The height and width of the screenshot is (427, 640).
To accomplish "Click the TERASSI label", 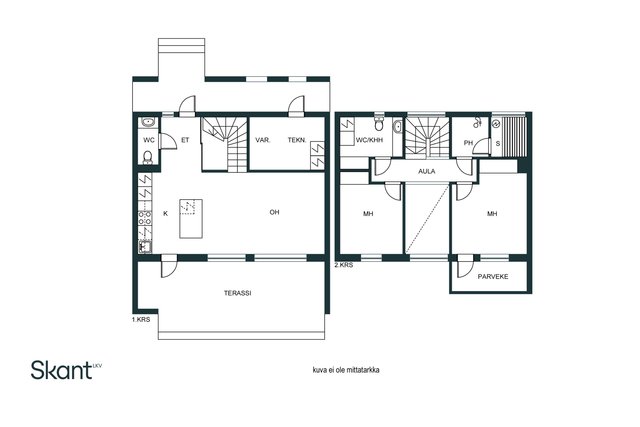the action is tap(237, 293).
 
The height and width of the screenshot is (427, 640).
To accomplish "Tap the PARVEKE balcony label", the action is tap(493, 276).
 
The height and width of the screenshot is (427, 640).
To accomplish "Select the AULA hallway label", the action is tap(427, 171).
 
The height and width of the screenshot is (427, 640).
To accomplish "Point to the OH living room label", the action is tap(274, 212).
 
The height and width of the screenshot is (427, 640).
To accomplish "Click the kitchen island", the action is tap(191, 218).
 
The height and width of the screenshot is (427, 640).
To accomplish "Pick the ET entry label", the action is tap(185, 140).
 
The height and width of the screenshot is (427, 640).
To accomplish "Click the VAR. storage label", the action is tap(263, 140).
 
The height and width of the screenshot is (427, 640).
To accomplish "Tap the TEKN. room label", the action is tap(297, 140).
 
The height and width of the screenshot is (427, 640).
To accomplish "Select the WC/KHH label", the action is tap(369, 140).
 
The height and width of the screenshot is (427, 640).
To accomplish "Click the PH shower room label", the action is tap(468, 143).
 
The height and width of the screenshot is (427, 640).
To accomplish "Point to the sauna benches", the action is tap(514, 136).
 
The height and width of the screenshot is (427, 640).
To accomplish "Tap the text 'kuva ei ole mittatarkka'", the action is tap(346, 370).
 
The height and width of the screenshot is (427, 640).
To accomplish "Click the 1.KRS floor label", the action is tap(141, 320).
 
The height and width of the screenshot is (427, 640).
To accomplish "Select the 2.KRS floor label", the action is tap(344, 265).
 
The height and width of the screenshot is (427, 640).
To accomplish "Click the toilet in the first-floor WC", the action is tap(148, 157).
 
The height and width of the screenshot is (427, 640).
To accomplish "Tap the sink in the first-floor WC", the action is tap(148, 122).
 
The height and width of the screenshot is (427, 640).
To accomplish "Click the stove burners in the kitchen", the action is tap(144, 218).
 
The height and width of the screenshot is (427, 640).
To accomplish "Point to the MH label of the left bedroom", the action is tap(368, 214).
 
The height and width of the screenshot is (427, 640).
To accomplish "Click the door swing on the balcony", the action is tap(465, 268).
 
